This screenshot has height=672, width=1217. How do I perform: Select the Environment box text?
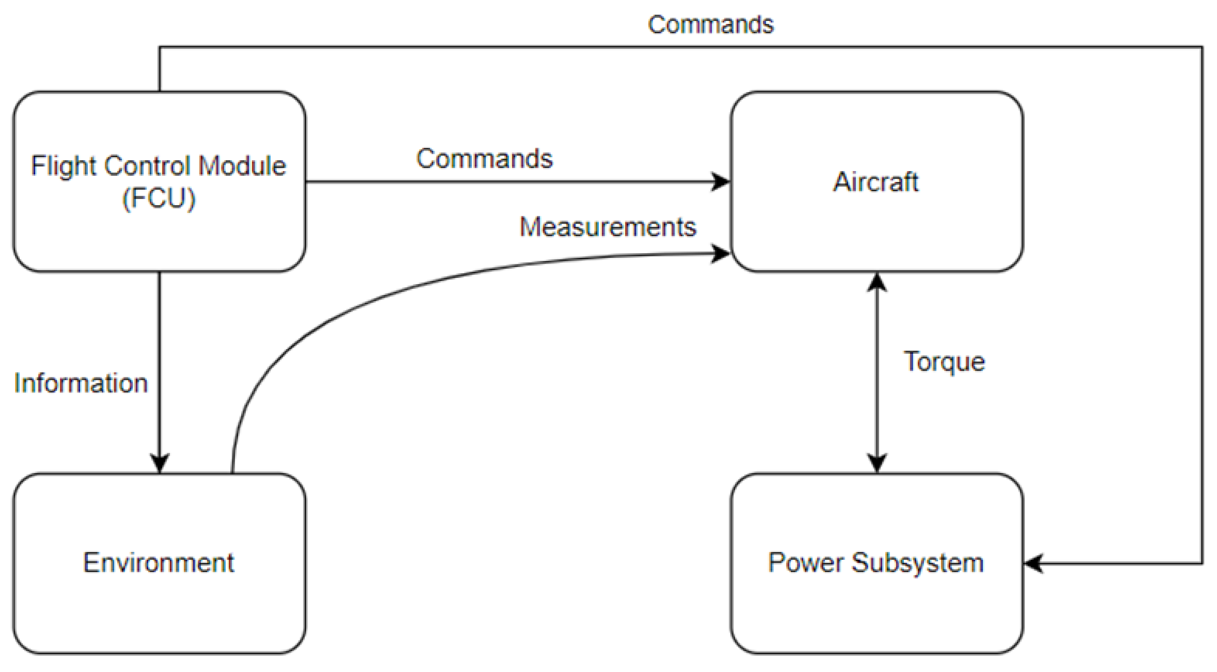[x=159, y=563]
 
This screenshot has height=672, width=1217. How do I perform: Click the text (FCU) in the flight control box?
[x=159, y=198]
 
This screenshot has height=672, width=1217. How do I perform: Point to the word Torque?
[x=944, y=362]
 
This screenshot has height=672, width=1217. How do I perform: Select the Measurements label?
[x=608, y=227]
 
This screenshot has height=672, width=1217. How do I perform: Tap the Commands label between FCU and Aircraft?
[x=484, y=159]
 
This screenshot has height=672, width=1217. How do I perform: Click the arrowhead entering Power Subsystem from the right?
[x=1034, y=563]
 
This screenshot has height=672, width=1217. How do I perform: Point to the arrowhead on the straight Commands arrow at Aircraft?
[x=721, y=182]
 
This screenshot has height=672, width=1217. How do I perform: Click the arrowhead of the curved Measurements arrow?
[x=721, y=254]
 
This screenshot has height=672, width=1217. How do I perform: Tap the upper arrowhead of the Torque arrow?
[x=877, y=283]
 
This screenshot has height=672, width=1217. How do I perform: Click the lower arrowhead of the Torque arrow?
[x=877, y=463]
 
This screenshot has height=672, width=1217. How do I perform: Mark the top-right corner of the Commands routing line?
[x=1202, y=47]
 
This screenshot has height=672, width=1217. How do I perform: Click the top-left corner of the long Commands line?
[x=160, y=47]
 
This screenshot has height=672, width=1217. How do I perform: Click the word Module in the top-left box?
[x=242, y=166]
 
